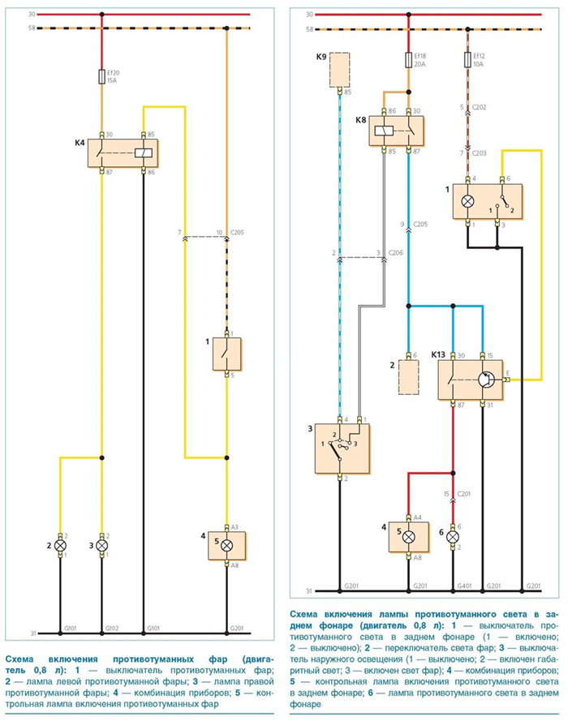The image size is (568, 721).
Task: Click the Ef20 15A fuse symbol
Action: click(x=101, y=77)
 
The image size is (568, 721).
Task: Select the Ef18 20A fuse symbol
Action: click(x=408, y=60)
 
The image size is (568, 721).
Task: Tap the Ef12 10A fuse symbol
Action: click(x=467, y=60)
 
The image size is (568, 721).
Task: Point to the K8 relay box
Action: click(x=396, y=131)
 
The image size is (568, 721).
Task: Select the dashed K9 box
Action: click(x=339, y=70)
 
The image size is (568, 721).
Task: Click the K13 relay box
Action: click(x=470, y=380)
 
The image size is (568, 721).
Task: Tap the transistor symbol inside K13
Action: click(x=486, y=380)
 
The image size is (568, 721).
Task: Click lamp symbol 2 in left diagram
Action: click(x=60, y=546)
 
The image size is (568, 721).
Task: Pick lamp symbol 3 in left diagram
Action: click(x=101, y=546)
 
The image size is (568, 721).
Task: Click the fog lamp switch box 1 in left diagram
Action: click(x=226, y=354)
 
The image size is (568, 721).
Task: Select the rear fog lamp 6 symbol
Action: click(x=453, y=537)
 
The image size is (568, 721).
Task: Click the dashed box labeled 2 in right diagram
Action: click(x=408, y=377)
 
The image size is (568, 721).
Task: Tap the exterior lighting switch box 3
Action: click(x=342, y=448)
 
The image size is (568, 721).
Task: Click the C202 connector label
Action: click(x=479, y=107)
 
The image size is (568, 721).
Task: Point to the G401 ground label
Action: click(x=464, y=586)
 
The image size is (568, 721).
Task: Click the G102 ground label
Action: click(x=113, y=628)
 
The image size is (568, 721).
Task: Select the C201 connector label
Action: click(x=463, y=494)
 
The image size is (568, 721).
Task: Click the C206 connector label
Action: click(x=395, y=253)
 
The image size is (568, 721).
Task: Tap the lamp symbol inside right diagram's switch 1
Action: click(x=467, y=201)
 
